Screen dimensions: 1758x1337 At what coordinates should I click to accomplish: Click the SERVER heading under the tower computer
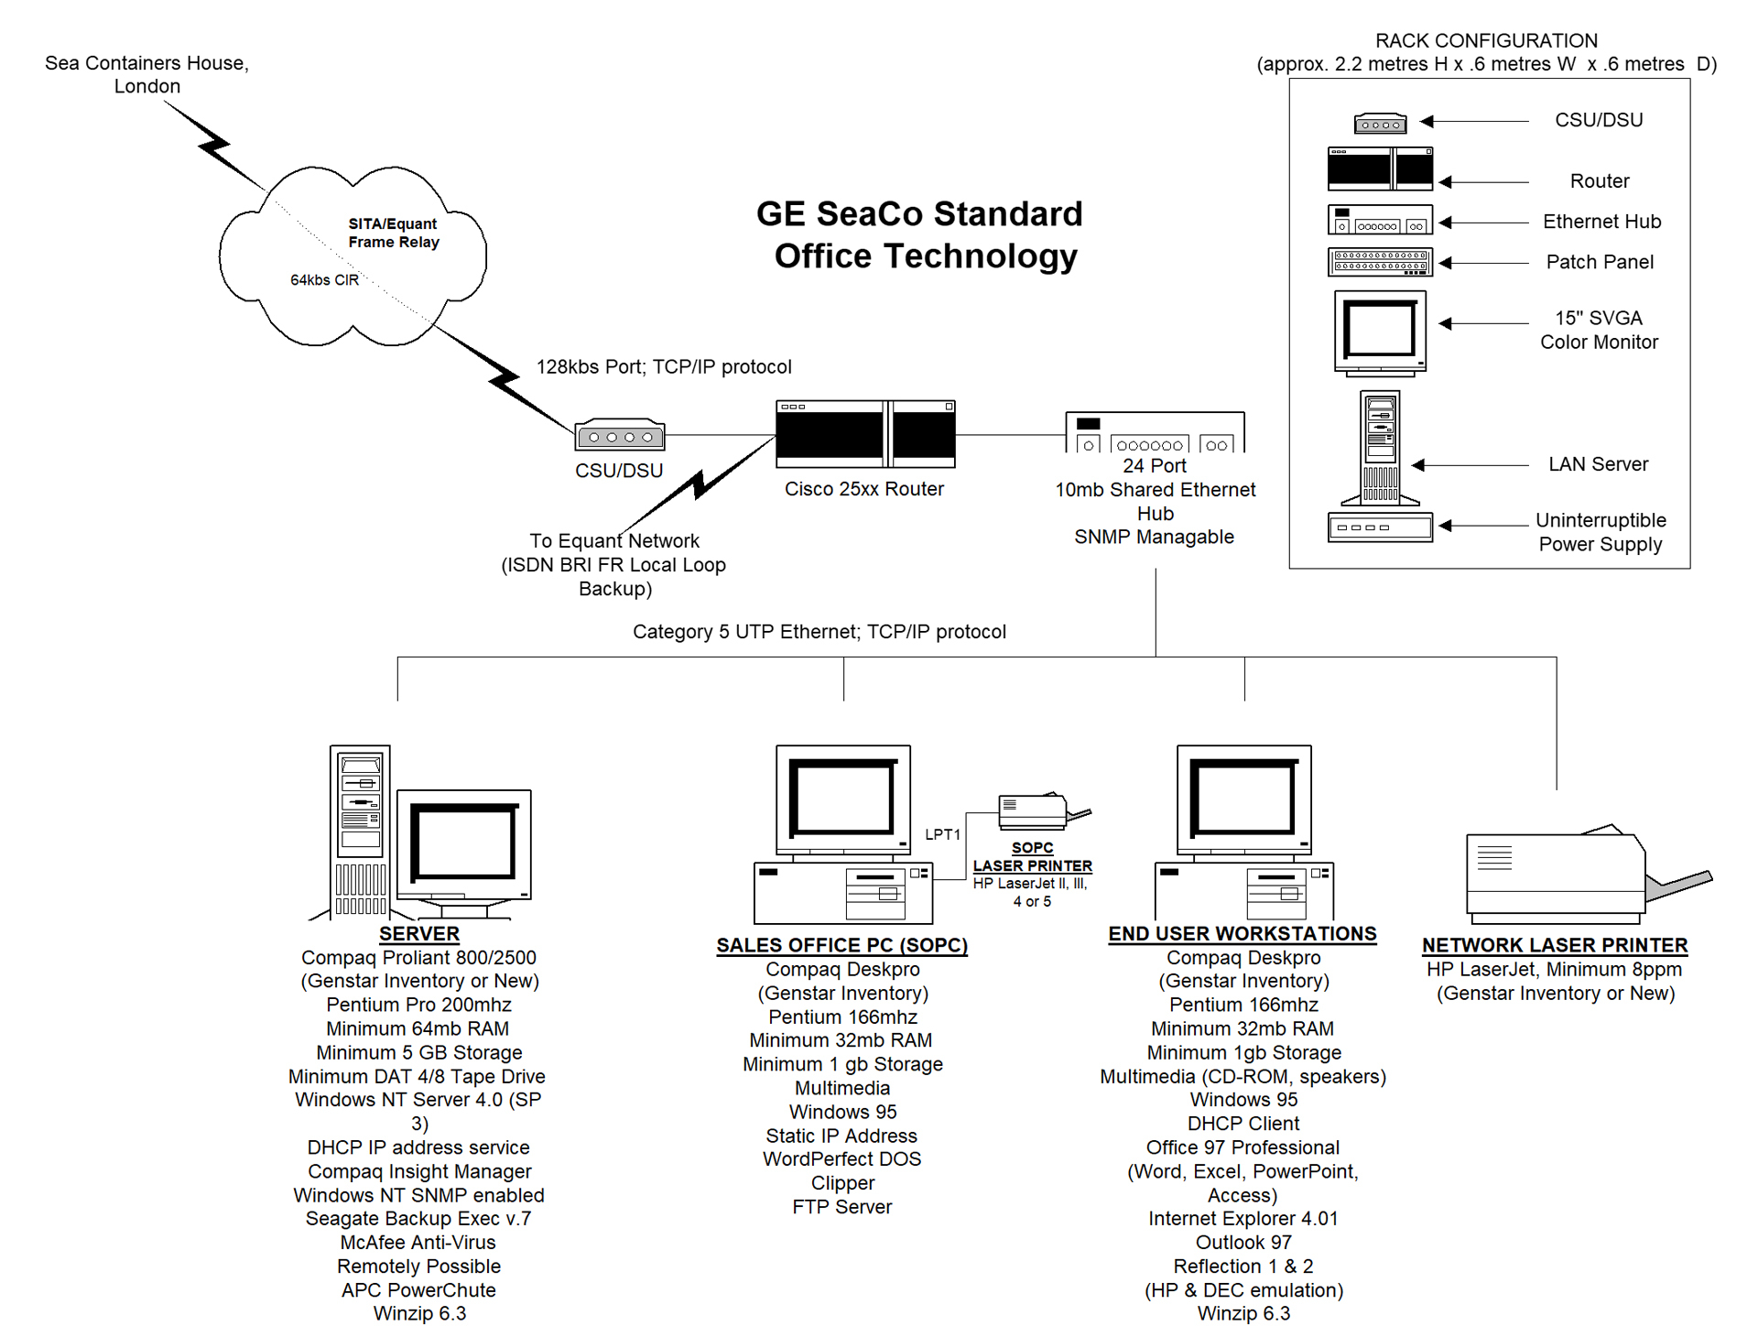tap(419, 934)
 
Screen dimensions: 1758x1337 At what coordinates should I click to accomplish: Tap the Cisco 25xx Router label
tap(864, 489)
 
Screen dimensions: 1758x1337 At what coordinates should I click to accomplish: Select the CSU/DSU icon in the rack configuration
tap(1380, 123)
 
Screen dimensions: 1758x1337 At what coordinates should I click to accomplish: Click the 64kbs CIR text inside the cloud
tap(324, 280)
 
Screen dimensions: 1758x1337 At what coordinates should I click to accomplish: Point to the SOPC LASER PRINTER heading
tap(1033, 857)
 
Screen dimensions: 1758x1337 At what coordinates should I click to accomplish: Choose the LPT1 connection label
tap(942, 834)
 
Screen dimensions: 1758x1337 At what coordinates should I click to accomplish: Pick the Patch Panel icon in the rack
tap(1380, 263)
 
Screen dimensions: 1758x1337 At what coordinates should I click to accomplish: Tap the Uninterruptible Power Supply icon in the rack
tap(1380, 527)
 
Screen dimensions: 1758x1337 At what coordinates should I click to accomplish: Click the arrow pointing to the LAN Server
tap(1470, 465)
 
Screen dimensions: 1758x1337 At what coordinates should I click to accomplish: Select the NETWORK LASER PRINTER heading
tap(1555, 945)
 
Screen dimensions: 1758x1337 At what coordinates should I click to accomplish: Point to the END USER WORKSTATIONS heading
tap(1243, 934)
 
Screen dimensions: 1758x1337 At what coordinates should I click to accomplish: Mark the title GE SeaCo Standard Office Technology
tap(920, 235)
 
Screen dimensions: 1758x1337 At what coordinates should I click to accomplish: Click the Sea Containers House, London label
tap(146, 74)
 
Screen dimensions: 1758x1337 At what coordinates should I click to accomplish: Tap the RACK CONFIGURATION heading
tap(1486, 41)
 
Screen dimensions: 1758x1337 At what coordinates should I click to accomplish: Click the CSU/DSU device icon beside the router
tap(620, 435)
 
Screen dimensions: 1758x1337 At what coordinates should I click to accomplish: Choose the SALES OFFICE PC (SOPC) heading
tap(841, 945)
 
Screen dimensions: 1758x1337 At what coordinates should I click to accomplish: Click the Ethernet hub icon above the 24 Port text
tap(1155, 432)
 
